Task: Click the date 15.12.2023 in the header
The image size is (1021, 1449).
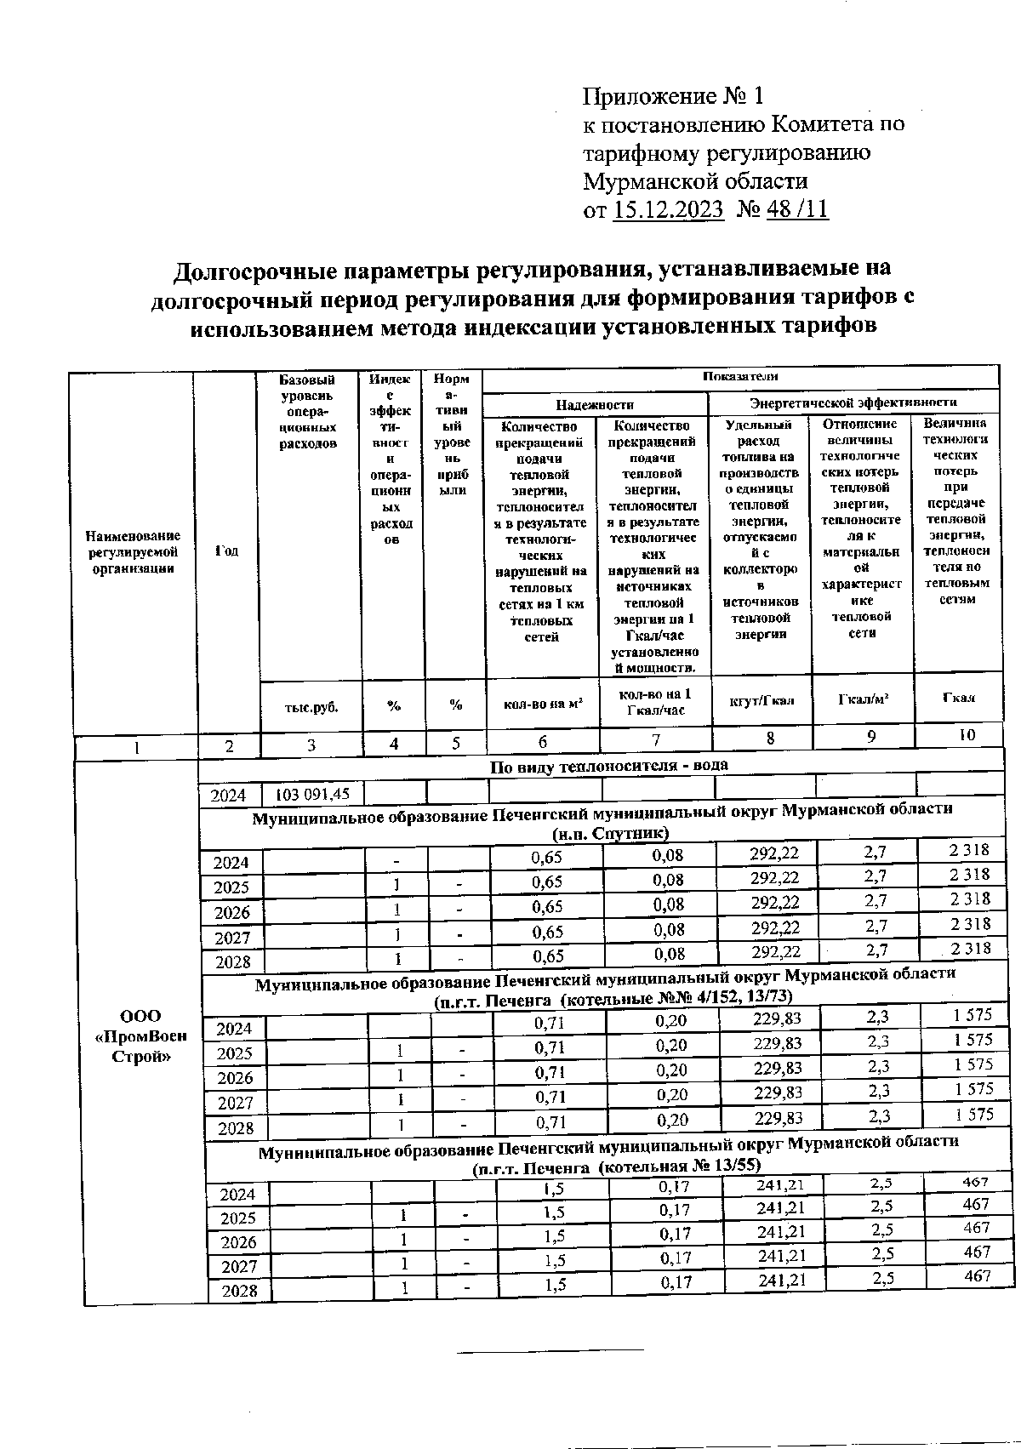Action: click(x=668, y=209)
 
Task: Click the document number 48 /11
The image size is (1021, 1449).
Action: click(x=796, y=209)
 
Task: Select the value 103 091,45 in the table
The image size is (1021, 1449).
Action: click(x=312, y=795)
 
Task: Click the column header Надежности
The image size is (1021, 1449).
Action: click(x=595, y=405)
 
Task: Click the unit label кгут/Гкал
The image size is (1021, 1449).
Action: click(x=761, y=700)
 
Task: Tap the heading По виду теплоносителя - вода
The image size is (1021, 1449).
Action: click(x=609, y=766)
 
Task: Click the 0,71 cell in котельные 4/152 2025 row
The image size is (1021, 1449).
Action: click(x=549, y=1047)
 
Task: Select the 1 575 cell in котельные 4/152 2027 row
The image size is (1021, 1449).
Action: click(x=973, y=1088)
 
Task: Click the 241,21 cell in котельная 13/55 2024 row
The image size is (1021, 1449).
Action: click(x=779, y=1184)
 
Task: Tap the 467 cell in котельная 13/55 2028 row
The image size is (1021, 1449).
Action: click(x=976, y=1276)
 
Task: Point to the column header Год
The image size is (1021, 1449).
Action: click(x=226, y=551)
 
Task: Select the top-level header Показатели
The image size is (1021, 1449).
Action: click(x=739, y=376)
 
